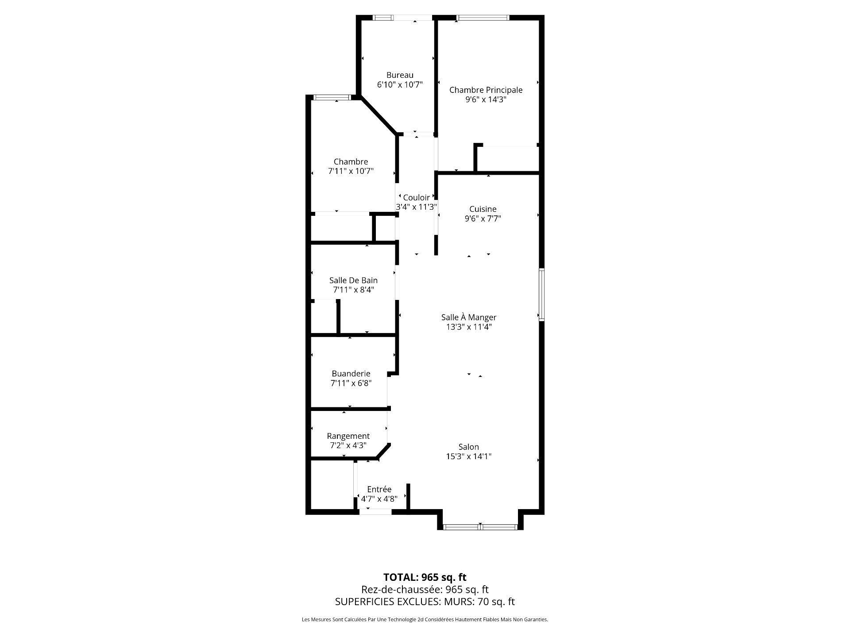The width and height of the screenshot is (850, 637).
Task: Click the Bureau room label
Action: (400, 75)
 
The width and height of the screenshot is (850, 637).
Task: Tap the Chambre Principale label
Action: (486, 90)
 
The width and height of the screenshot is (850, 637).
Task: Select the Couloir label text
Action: (416, 198)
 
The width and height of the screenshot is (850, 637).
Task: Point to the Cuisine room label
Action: (483, 209)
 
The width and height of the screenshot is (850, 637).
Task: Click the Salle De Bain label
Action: (353, 280)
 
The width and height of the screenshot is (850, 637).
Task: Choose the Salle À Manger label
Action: (469, 317)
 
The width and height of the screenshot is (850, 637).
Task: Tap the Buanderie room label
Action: (351, 374)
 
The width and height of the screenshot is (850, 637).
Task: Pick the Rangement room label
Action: (348, 436)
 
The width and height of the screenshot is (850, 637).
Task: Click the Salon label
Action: (469, 447)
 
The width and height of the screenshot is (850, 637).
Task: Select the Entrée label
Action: (379, 489)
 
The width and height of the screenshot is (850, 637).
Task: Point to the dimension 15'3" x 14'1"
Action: (469, 457)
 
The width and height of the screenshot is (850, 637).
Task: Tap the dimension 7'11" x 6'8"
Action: (351, 384)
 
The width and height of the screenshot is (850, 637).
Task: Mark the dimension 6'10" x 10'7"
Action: (400, 85)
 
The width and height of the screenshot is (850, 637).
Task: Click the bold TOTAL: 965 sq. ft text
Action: (425, 577)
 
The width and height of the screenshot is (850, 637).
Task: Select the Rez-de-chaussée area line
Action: (425, 590)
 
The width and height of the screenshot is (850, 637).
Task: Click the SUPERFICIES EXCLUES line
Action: (425, 602)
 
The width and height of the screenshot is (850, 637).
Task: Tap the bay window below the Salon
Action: (480, 527)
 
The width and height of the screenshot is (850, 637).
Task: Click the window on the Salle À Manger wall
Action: (541, 294)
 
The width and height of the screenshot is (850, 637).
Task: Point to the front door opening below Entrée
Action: (375, 512)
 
